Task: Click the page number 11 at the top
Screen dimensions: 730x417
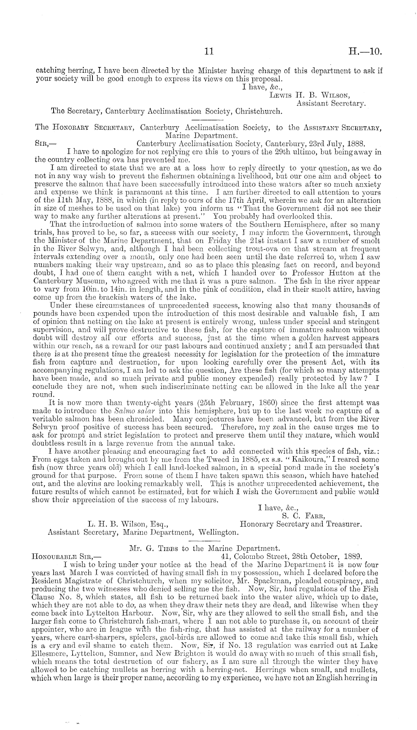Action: click(x=208, y=52)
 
